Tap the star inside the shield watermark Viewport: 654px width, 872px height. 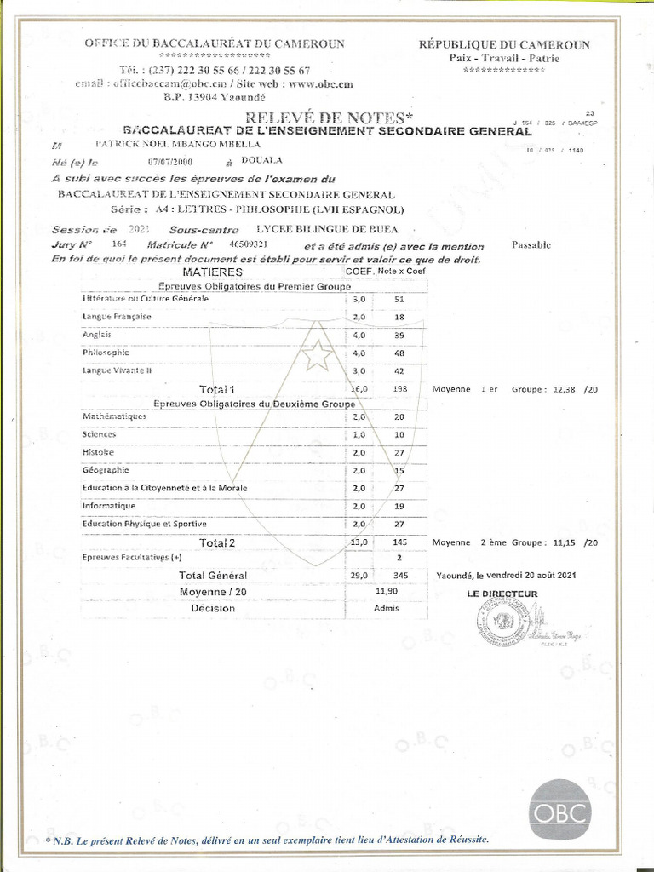coord(317,354)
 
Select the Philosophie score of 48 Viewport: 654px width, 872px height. coord(399,353)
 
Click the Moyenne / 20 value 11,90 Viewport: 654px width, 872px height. coord(387,591)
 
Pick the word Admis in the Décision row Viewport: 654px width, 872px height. coord(387,608)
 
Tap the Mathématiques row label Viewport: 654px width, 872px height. coord(114,416)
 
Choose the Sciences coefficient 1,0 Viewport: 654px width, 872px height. coord(359,434)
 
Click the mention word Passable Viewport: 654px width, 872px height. coord(531,245)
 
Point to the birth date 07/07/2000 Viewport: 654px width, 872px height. coord(171,161)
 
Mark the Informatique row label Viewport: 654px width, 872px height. coord(109,505)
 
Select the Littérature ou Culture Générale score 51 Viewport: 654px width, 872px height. coord(399,299)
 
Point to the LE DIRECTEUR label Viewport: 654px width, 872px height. coord(503,594)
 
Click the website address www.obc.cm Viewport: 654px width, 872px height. coord(320,83)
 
